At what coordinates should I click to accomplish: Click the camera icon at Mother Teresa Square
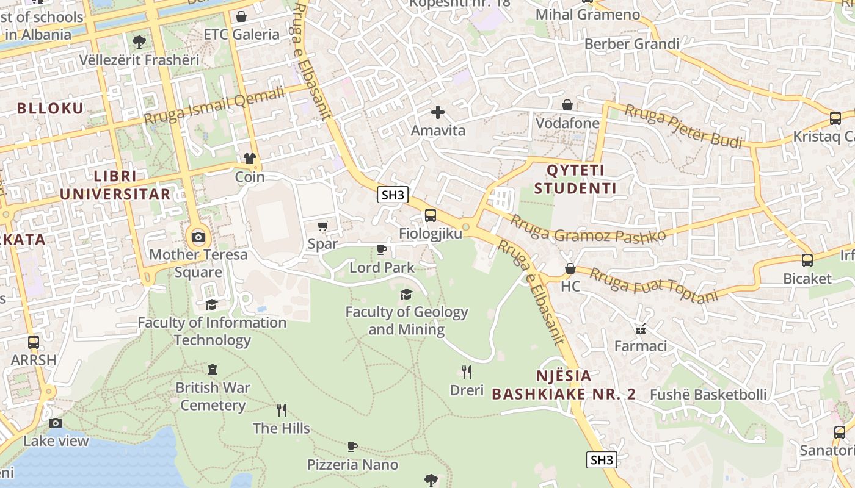198,237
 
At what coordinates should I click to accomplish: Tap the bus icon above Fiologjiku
431,215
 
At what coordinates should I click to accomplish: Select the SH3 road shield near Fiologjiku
393,195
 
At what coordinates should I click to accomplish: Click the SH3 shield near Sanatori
602,460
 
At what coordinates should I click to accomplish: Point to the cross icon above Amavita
438,112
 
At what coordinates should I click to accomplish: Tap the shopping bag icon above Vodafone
567,105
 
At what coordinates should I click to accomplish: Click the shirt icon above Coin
249,159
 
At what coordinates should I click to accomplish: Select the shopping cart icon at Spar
323,226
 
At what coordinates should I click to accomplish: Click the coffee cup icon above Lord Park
382,249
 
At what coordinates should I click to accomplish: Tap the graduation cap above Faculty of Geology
406,295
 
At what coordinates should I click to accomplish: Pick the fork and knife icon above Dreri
467,372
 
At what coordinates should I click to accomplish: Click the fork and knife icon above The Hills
282,411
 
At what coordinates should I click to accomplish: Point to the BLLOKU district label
50,109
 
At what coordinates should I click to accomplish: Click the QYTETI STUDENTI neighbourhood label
575,179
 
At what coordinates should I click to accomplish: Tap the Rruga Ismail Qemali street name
214,105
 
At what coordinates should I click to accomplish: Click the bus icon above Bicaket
807,260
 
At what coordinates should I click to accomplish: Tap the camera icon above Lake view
56,423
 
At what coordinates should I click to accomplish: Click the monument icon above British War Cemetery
212,369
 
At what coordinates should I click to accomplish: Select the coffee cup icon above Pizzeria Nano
352,447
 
